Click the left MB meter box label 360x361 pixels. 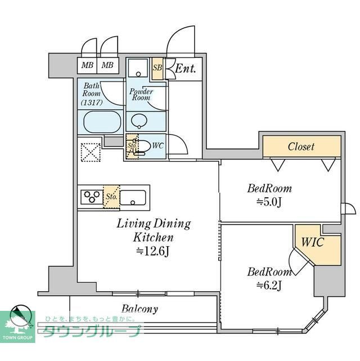pos(87,65)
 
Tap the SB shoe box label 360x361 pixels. pos(157,68)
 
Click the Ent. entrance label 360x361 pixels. pos(185,69)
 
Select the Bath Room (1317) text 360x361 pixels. pos(92,95)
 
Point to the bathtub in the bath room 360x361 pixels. pos(102,121)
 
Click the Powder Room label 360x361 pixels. pos(141,94)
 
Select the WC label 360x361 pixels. pos(157,145)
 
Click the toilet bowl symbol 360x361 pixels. pos(143,146)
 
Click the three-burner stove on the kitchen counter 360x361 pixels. pos(90,197)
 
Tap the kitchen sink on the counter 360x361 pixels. pos(133,197)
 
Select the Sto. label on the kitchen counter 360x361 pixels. pos(111,197)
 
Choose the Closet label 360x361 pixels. pos(301,146)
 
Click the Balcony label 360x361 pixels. pos(139,309)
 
